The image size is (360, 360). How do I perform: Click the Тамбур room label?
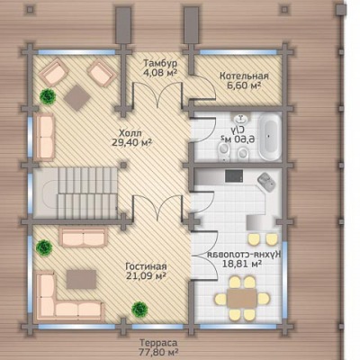click(x=160, y=64)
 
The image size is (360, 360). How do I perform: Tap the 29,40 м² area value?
click(x=131, y=142)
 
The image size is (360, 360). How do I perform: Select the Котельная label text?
click(x=244, y=76)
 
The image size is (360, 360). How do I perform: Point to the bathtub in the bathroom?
click(x=270, y=138)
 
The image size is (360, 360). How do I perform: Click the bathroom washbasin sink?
click(x=240, y=119)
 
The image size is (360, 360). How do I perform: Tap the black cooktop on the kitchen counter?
click(x=234, y=175)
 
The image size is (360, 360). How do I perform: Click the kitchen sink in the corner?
click(x=266, y=182)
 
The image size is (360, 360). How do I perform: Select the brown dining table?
click(x=242, y=298)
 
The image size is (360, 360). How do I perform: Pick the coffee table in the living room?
click(x=81, y=279)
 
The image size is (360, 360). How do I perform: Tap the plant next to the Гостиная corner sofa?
click(x=44, y=247)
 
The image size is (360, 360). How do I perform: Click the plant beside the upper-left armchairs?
click(x=48, y=96)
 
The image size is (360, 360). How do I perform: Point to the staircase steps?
click(x=87, y=193)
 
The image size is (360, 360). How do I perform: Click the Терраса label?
click(x=158, y=343)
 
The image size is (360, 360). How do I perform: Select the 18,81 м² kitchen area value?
click(x=241, y=264)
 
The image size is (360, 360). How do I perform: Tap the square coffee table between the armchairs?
click(x=77, y=98)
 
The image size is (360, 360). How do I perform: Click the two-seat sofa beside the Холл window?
click(x=45, y=137)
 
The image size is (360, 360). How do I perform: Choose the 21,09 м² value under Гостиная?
click(x=146, y=275)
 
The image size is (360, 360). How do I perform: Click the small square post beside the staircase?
click(x=123, y=165)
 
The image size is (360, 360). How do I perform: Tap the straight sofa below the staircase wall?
click(x=83, y=237)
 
